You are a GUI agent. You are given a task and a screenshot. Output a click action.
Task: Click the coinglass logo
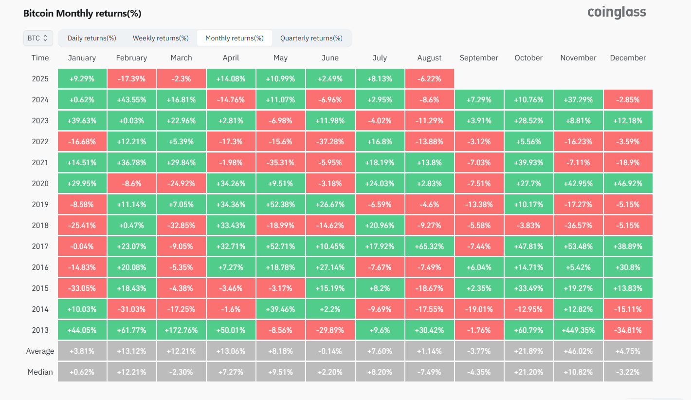[x=617, y=13]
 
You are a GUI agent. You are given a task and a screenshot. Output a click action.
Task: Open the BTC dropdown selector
[x=38, y=38]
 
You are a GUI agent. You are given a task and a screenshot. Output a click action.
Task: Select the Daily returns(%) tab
[x=91, y=38]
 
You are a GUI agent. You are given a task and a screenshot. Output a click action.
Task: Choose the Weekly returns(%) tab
[x=161, y=38]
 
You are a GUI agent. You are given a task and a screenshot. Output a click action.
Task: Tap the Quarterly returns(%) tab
[x=311, y=38]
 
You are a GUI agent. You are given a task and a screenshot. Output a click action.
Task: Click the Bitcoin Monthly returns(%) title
[x=82, y=13]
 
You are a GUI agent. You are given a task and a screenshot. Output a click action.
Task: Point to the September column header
[x=479, y=58]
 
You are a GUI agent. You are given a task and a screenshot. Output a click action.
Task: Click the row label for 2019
[x=40, y=205]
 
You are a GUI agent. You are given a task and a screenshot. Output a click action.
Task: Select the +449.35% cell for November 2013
[x=579, y=330]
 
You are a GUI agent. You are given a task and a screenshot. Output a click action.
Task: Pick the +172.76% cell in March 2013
[x=182, y=330]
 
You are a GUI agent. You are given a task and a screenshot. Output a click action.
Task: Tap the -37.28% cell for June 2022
[x=330, y=141]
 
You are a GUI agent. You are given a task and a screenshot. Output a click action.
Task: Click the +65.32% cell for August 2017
[x=429, y=246]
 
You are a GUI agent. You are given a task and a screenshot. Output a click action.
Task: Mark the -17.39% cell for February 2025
[x=132, y=79]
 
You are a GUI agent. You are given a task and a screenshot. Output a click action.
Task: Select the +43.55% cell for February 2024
[x=132, y=100]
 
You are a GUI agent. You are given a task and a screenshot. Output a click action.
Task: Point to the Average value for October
[x=529, y=351]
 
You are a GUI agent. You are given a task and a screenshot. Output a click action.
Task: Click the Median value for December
[x=628, y=372]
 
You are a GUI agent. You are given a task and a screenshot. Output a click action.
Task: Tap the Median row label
[x=40, y=372]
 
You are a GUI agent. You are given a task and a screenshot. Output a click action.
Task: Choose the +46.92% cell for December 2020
[x=628, y=184]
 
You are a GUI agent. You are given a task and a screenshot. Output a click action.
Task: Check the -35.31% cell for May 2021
[x=280, y=162]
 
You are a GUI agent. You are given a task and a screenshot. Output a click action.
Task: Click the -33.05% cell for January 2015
[x=82, y=288]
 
